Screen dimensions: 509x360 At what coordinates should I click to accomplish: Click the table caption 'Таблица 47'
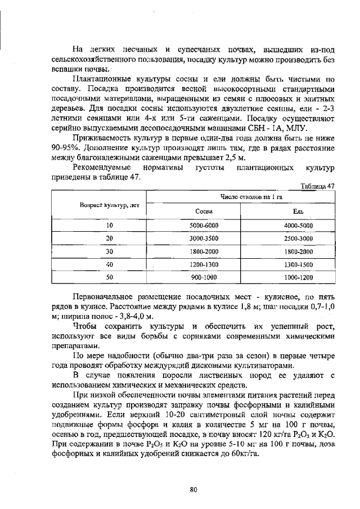point(319,186)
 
